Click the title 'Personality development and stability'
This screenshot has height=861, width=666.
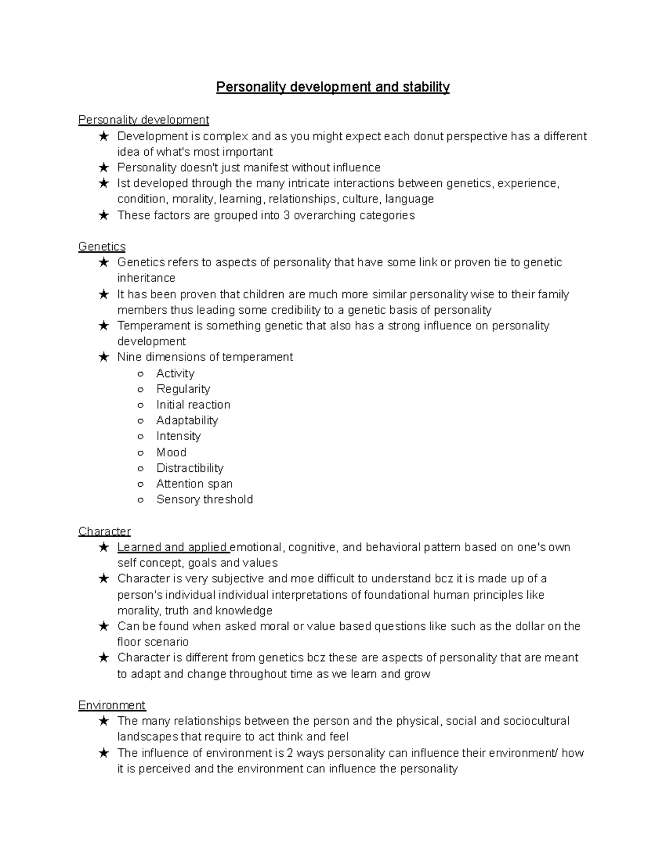332,88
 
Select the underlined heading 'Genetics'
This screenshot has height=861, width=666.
102,247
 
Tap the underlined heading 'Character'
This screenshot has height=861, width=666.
104,532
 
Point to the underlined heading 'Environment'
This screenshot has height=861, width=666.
112,705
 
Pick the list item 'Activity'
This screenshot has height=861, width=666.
175,374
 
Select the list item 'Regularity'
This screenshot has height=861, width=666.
183,389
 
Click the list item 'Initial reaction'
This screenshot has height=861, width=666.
193,405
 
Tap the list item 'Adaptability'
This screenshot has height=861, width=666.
187,421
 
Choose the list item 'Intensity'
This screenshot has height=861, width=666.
178,436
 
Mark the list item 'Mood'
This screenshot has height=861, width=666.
171,452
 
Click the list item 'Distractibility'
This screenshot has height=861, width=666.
190,468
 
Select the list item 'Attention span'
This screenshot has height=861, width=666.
194,484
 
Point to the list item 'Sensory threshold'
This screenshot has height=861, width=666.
204,500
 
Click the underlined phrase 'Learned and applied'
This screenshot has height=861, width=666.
173,548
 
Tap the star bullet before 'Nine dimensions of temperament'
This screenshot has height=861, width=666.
104,358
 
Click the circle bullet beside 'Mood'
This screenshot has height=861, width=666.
141,453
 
